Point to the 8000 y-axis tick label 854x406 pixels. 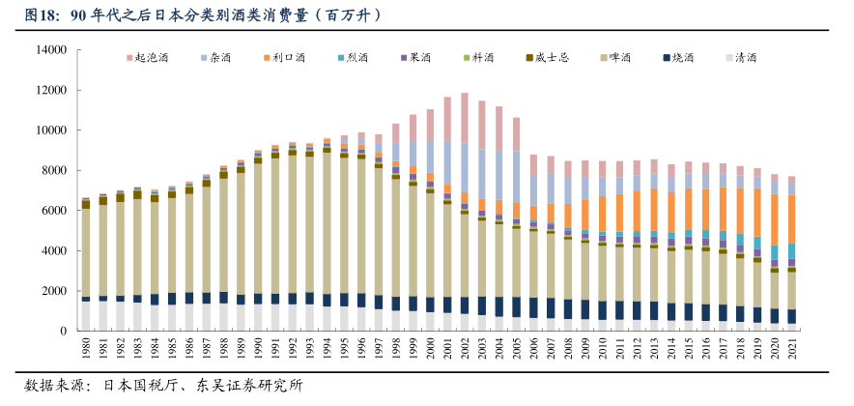[x=50, y=170]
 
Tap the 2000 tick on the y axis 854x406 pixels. [x=50, y=291]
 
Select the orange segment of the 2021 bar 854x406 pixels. [x=792, y=218]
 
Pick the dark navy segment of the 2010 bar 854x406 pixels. [x=603, y=309]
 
